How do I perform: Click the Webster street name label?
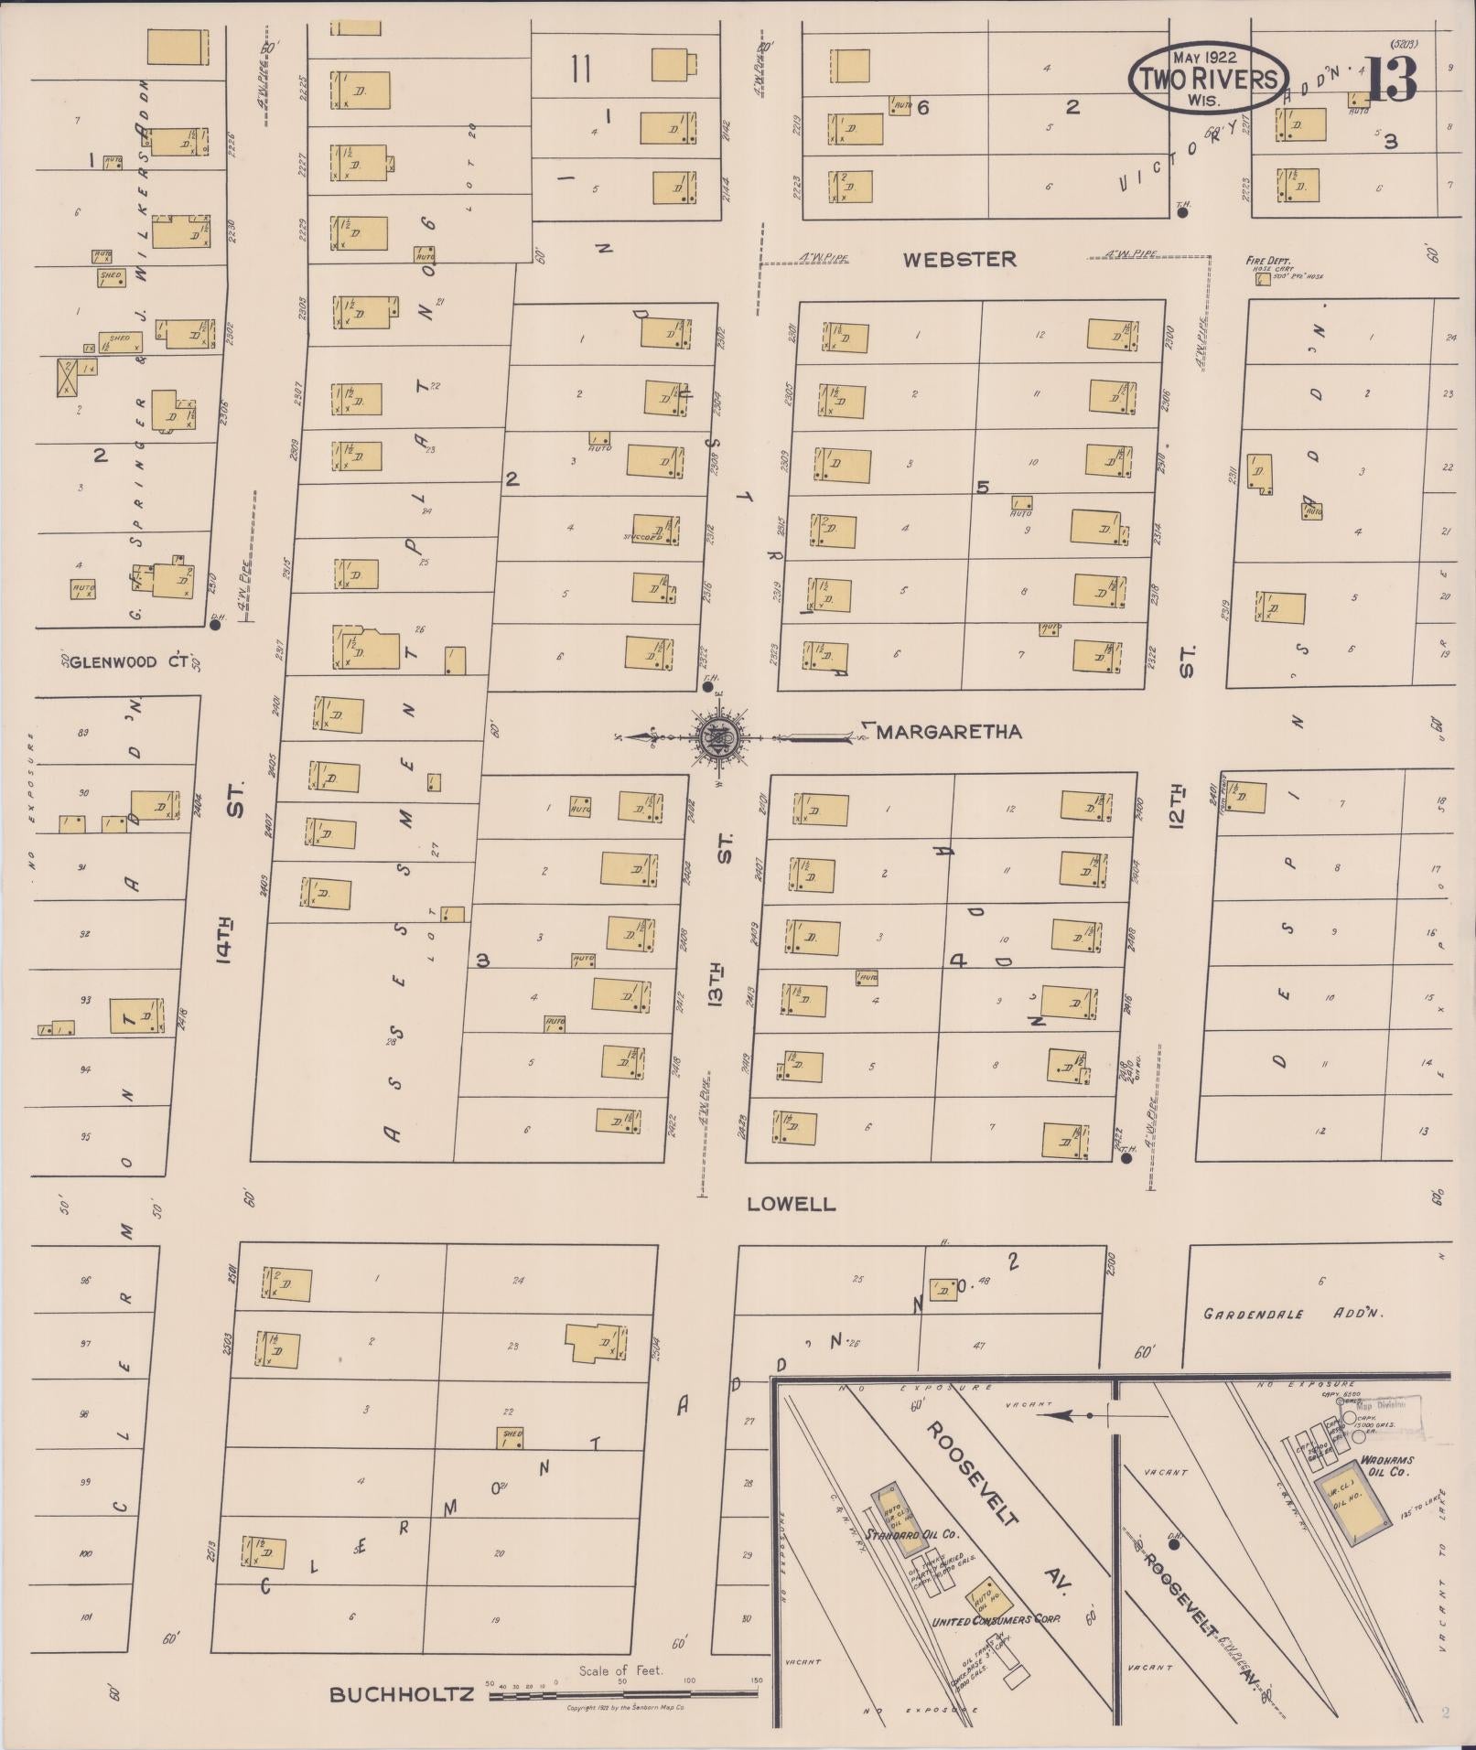(x=959, y=260)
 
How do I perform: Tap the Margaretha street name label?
(x=949, y=732)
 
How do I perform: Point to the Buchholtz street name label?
(x=402, y=1693)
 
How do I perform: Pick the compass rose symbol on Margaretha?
(x=715, y=736)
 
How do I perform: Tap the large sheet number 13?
(x=1393, y=81)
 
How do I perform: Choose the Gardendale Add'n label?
(x=1292, y=1314)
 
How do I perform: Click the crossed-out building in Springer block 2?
(x=67, y=377)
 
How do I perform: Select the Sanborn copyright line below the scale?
(x=627, y=1707)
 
